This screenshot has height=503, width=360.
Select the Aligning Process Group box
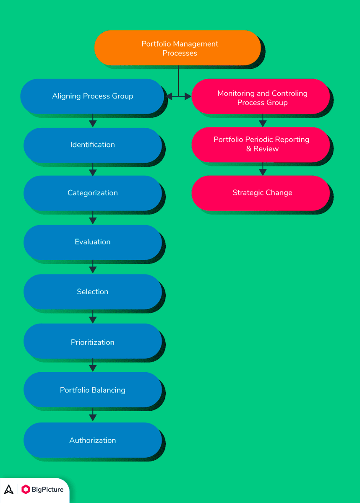[92, 96]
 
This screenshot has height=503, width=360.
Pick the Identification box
[92, 145]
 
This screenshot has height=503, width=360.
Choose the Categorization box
[92, 193]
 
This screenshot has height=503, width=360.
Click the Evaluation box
[92, 242]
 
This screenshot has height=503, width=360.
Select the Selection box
[92, 292]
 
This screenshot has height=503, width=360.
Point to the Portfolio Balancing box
[92, 390]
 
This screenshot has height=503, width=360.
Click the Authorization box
[92, 440]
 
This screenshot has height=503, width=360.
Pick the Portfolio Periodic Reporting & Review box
[261, 144]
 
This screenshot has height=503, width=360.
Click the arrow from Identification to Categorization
[93, 171]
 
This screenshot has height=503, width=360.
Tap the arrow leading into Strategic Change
[263, 170]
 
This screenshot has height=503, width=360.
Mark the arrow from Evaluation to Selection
[93, 267]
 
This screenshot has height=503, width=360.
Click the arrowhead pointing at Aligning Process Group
[169, 96]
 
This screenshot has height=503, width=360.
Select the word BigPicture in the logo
[48, 489]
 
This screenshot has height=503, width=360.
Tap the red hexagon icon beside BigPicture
[26, 489]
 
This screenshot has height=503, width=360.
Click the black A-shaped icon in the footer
[9, 489]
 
